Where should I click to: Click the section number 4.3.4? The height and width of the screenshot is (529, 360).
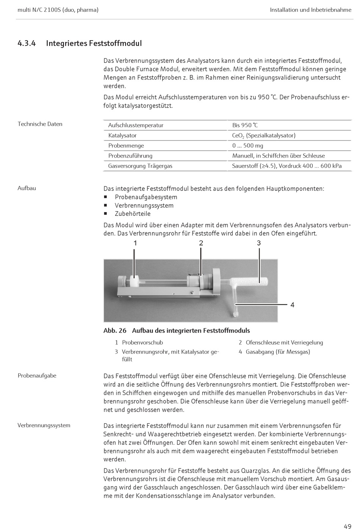[27, 43]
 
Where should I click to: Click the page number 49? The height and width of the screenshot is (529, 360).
[347, 526]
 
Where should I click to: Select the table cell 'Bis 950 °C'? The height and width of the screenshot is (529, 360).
[245, 125]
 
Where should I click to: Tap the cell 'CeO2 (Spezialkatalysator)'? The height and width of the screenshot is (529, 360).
[264, 136]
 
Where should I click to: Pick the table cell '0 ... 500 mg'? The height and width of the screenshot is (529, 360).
[247, 146]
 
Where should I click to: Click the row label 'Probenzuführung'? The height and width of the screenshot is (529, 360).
[130, 156]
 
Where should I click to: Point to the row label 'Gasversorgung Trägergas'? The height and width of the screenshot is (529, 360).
[140, 166]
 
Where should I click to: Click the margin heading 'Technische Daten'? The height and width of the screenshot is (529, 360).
[40, 124]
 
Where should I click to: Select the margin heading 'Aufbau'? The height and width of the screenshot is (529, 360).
[27, 188]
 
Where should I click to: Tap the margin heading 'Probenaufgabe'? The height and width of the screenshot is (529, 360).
[37, 376]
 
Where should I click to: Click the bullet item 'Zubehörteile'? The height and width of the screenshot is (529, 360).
[133, 214]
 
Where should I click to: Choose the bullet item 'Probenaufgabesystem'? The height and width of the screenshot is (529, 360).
[146, 197]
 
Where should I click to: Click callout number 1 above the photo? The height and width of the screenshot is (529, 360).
[135, 243]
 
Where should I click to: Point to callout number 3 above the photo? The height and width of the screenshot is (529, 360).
[259, 243]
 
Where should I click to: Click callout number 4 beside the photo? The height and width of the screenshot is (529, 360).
[292, 305]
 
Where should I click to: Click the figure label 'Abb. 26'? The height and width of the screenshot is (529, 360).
[115, 331]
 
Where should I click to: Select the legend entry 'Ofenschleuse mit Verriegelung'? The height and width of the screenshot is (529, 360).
[284, 343]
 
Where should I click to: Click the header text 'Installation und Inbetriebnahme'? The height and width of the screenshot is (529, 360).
[310, 10]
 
